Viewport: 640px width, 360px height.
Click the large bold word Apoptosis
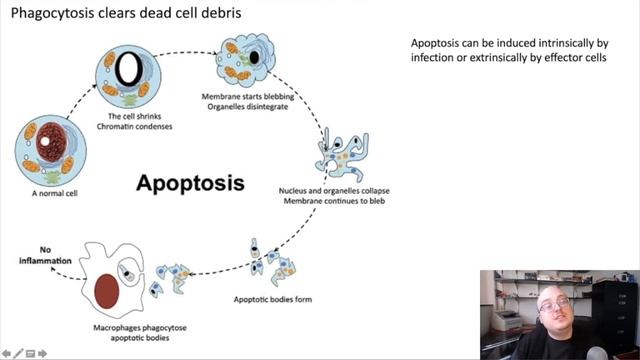[190, 183]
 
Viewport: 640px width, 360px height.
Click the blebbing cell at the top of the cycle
[247, 58]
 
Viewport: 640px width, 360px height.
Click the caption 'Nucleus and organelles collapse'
[333, 191]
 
